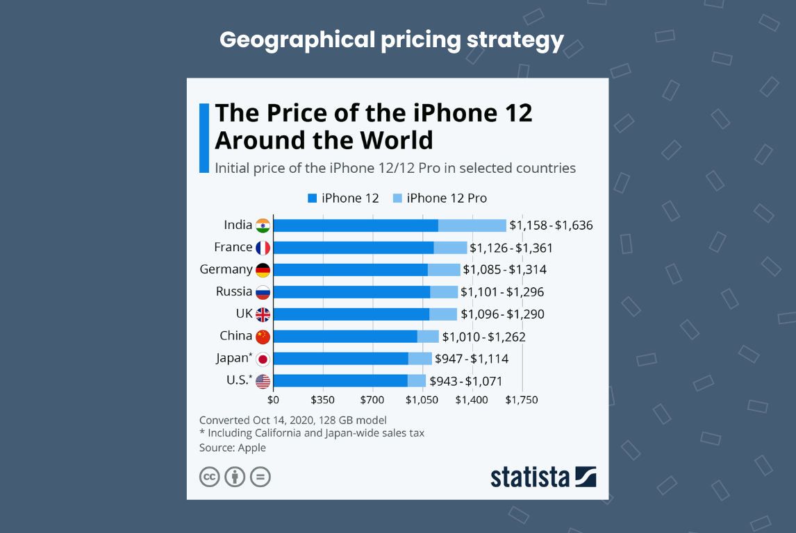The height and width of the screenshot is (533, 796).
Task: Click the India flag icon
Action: pos(263,225)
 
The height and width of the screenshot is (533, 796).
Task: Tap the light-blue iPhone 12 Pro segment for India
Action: pos(472,225)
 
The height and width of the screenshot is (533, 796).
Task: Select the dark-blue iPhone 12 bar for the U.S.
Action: pos(340,381)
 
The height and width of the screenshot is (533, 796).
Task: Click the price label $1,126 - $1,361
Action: pos(511,248)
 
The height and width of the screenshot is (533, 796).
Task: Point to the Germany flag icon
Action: pos(263,270)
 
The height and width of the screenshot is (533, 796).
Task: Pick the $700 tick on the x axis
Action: pos(372,400)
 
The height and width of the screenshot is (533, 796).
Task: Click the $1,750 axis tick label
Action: pos(521,400)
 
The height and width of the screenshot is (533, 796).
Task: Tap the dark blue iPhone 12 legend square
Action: pos(312,198)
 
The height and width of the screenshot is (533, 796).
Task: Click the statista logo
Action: pos(543,477)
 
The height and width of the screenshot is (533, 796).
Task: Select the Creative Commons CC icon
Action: pos(210,477)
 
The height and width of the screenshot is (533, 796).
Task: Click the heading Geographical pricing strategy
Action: pos(392,40)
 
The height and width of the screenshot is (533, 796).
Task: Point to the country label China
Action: pos(235,336)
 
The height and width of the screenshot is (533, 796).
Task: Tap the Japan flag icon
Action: pos(263,359)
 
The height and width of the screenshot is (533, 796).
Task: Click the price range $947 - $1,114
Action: pos(472,359)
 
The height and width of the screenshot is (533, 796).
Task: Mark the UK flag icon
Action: pos(263,314)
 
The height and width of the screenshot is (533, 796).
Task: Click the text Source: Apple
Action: pos(233,448)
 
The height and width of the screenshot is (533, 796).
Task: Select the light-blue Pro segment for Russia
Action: pos(444,292)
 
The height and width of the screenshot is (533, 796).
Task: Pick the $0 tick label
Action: pos(273,400)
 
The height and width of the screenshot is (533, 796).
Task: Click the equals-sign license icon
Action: pos(260,477)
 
